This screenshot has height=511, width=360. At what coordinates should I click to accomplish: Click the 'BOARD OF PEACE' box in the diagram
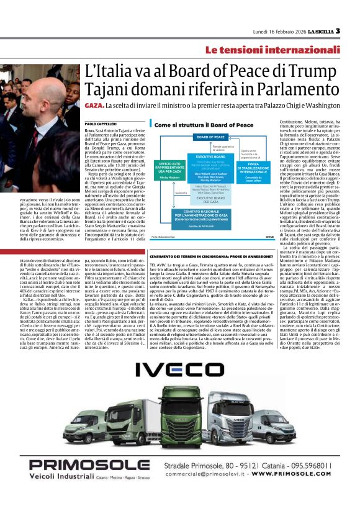[210, 137]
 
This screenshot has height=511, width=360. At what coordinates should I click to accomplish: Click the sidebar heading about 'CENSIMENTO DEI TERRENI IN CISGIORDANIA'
[212, 256]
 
